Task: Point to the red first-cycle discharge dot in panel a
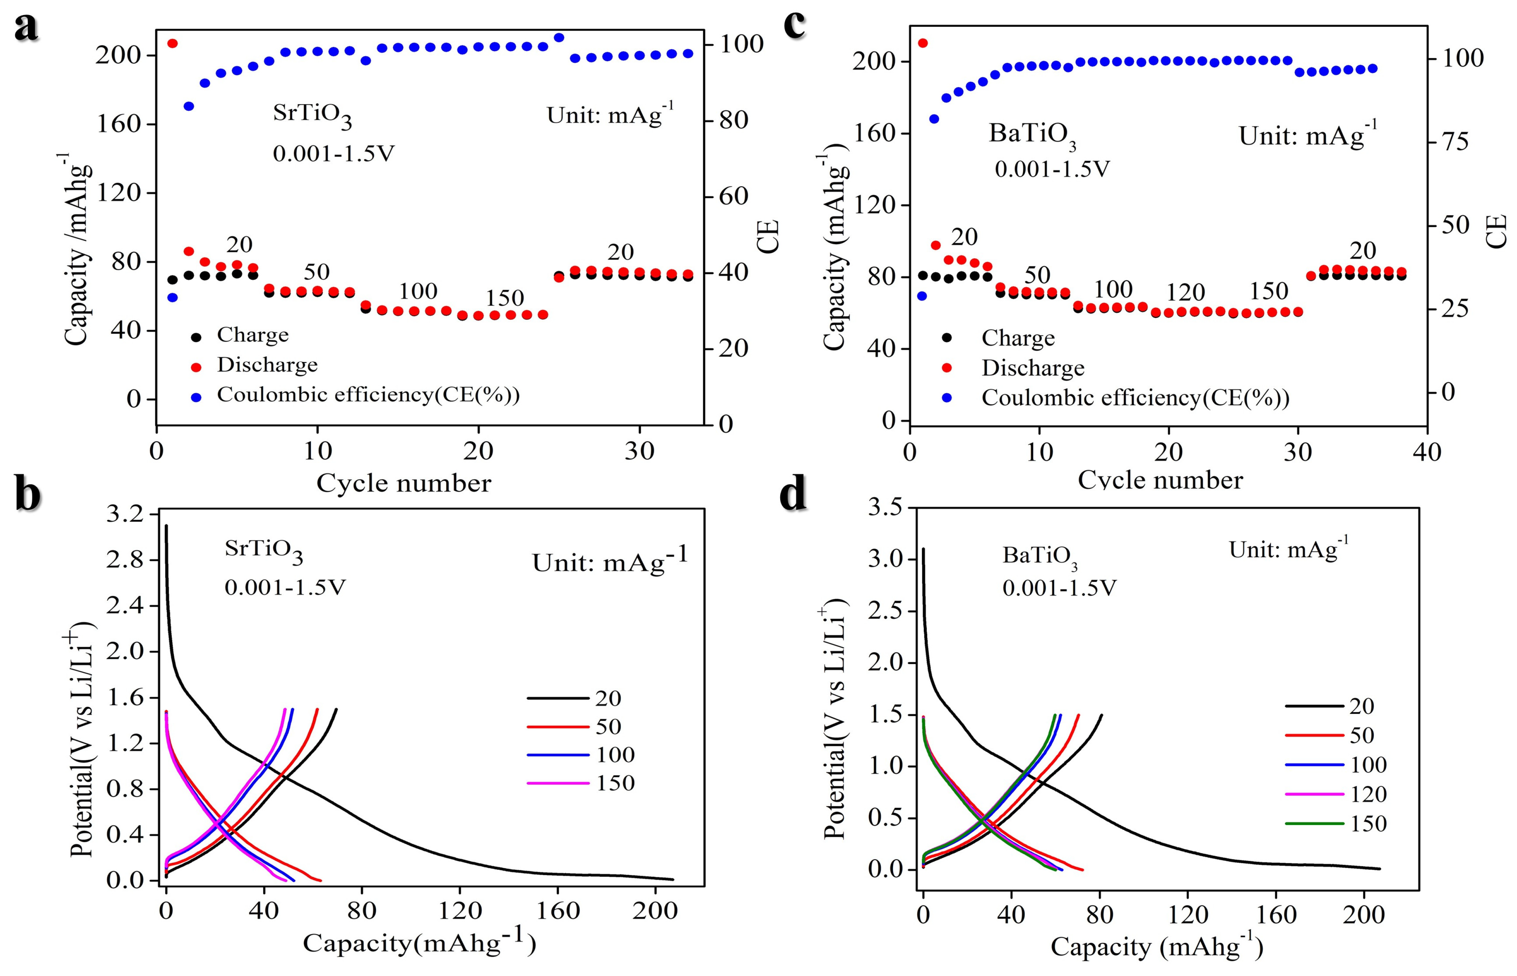[172, 43]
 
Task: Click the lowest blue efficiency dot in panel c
[922, 296]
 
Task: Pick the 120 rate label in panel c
[1185, 293]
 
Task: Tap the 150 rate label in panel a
[505, 298]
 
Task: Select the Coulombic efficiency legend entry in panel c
[1135, 398]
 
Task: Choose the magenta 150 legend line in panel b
[558, 783]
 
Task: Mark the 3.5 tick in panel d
[885, 508]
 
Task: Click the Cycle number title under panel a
[404, 484]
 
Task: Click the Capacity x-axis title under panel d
[1156, 947]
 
